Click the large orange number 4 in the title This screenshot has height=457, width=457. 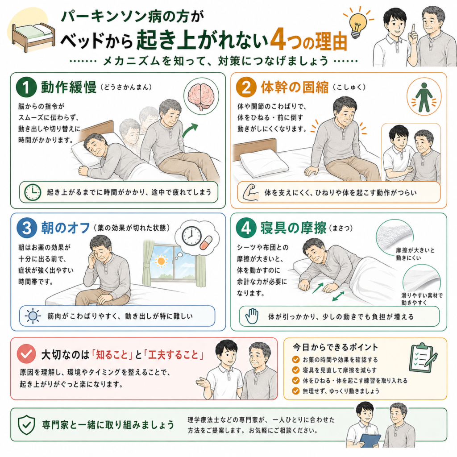pyautogui.click(x=278, y=39)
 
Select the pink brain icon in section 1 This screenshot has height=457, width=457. pyautogui.click(x=201, y=96)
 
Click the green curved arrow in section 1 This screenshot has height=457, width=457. pyautogui.click(x=189, y=130)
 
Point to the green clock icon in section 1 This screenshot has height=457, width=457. pyautogui.click(x=32, y=192)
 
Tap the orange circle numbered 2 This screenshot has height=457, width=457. pyautogui.click(x=246, y=87)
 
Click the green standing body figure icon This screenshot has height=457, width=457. pyautogui.click(x=424, y=97)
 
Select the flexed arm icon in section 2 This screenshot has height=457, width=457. pyautogui.click(x=251, y=192)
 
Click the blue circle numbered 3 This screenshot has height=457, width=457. pyautogui.click(x=27, y=228)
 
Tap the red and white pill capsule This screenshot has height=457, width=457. pyautogui.click(x=206, y=242)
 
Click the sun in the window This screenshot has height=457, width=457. pyautogui.click(x=161, y=260)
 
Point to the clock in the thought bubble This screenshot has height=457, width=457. pyautogui.click(x=191, y=236)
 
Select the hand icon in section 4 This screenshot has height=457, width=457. pyautogui.click(x=252, y=316)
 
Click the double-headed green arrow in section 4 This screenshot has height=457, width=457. pyautogui.click(x=338, y=296)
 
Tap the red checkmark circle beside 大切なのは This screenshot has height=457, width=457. pyautogui.click(x=26, y=353)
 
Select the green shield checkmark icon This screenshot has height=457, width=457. pyautogui.click(x=26, y=425)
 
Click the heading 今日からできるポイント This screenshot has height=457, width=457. pyautogui.click(x=335, y=347)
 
